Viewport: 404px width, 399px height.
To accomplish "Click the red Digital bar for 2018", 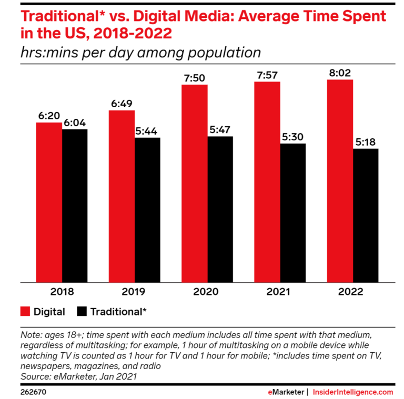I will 49,202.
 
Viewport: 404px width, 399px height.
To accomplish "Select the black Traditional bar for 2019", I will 147,210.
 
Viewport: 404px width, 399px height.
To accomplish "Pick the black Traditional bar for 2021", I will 293,213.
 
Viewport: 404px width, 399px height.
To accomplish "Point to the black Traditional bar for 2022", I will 366,216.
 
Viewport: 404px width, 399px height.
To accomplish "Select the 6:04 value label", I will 75,123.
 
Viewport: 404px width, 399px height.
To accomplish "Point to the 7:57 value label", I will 268,74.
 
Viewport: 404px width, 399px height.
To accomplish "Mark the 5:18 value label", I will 366,142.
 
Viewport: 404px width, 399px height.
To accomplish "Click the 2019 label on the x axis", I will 135,291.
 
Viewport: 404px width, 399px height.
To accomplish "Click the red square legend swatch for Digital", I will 24,311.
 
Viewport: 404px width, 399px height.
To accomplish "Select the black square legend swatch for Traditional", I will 82,311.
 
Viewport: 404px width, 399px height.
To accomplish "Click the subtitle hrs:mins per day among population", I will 141,53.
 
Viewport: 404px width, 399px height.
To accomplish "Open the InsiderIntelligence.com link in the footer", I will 353,392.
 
